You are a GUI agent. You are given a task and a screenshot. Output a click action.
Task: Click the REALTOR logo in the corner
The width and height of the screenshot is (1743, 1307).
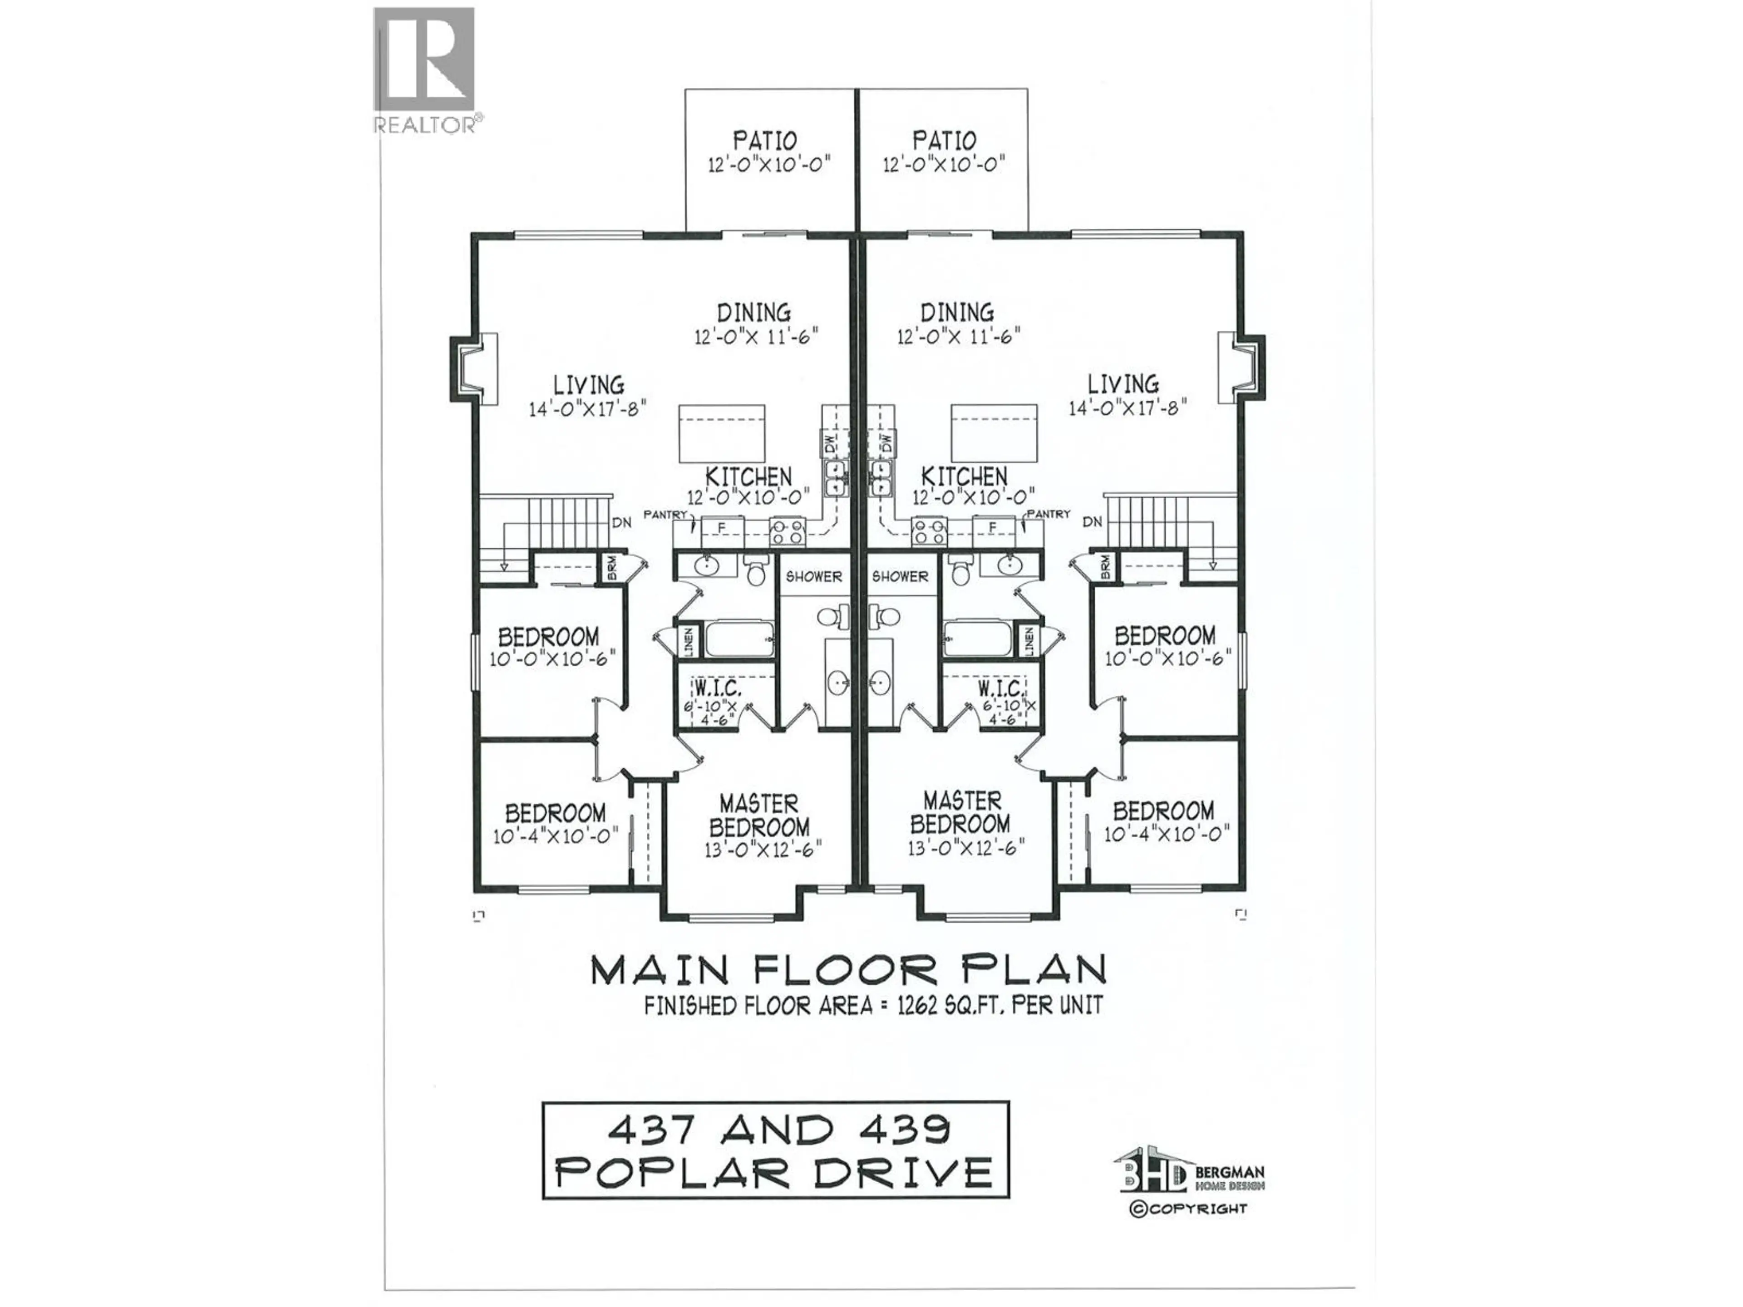coord(424,69)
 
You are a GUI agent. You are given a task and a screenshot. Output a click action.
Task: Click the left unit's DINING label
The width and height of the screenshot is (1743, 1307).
coord(753,313)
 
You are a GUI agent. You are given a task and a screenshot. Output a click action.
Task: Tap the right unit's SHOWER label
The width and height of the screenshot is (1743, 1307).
coord(900,577)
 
